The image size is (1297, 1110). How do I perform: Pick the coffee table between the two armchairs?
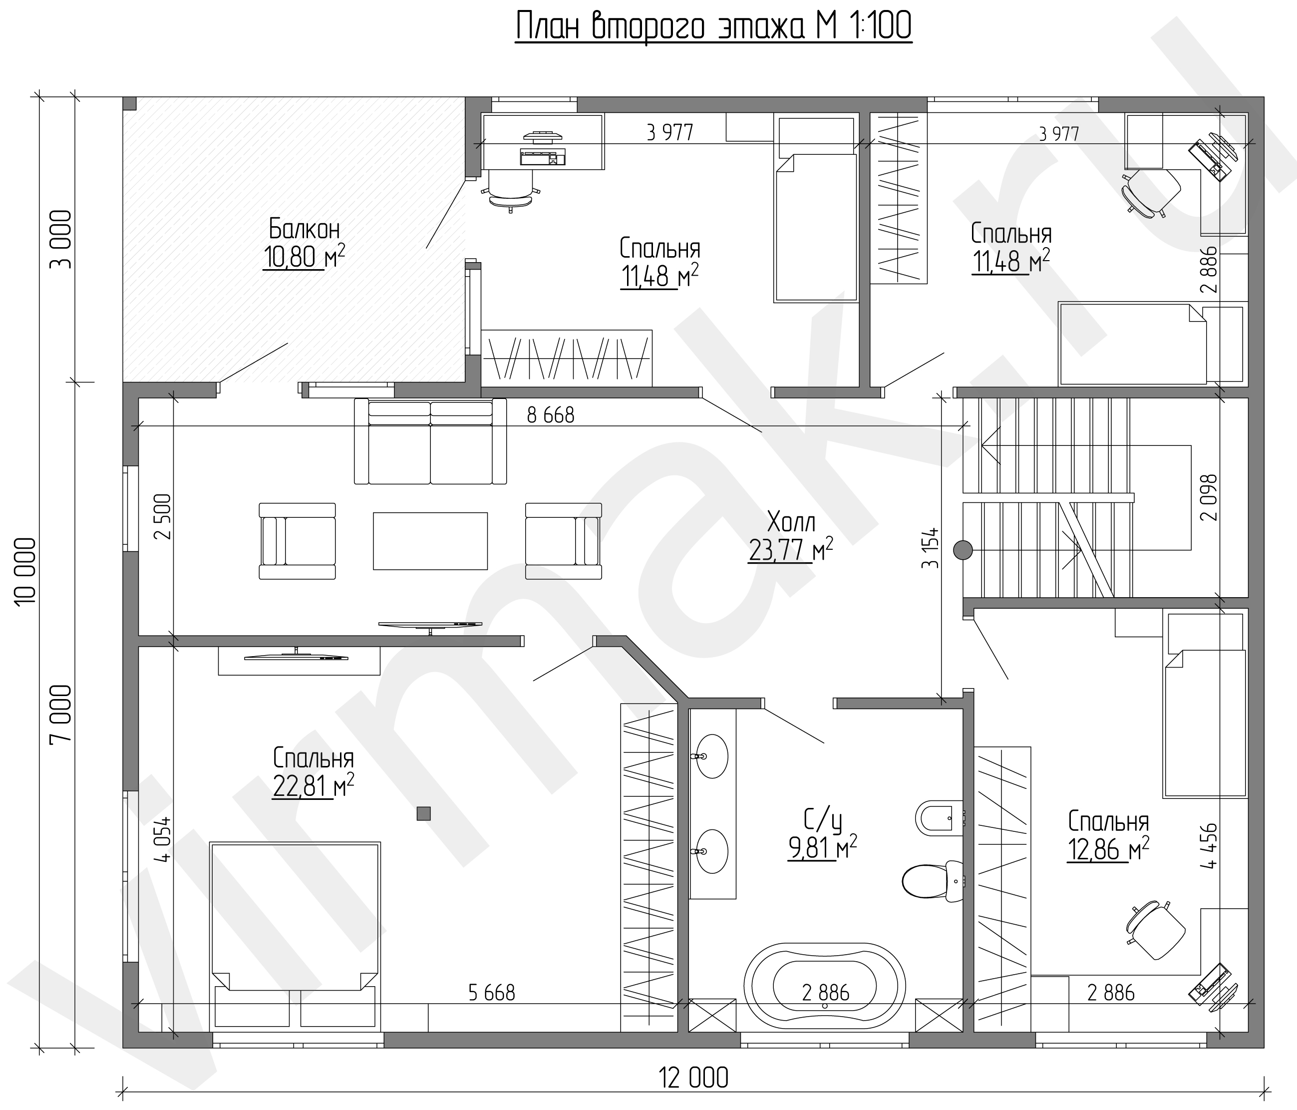tap(430, 541)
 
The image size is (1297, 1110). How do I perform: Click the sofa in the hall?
tap(430, 441)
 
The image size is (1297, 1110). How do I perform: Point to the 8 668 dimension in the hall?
tap(551, 415)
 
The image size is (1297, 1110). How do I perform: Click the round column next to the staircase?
tap(963, 550)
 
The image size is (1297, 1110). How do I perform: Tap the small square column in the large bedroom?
tap(424, 813)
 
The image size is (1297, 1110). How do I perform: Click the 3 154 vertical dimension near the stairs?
tap(930, 547)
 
